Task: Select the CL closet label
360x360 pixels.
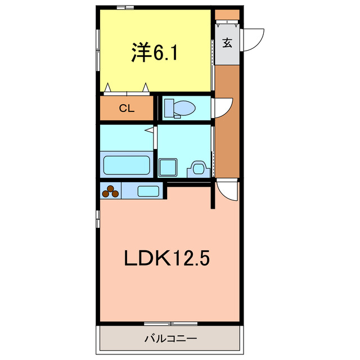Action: tap(127, 109)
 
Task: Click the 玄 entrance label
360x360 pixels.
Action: tap(227, 43)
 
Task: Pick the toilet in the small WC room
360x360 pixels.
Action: tap(180, 108)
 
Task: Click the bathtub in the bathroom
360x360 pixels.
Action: tap(127, 165)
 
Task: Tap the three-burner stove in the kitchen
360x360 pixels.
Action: tap(111, 191)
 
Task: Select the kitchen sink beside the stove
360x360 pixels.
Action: tap(148, 191)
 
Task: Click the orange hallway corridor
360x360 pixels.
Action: tap(227, 135)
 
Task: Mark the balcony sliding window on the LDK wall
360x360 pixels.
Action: tap(172, 323)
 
